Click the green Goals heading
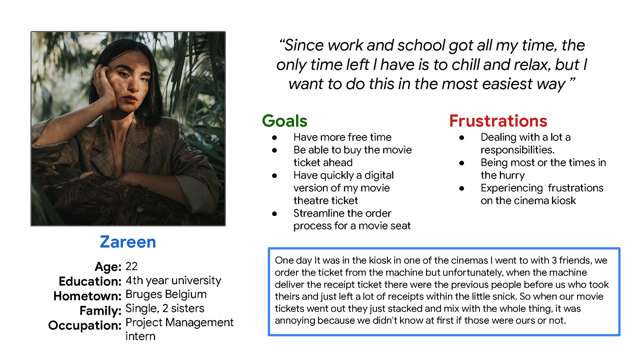tap(285, 121)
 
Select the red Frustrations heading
tap(498, 121)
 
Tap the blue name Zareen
tap(128, 242)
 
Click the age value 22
tap(131, 266)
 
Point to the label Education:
tap(90, 281)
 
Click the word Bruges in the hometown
tap(144, 295)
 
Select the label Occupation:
tap(85, 325)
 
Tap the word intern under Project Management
tap(140, 336)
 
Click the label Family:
tap(100, 311)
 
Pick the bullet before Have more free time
tap(274, 138)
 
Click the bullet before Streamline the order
tap(274, 214)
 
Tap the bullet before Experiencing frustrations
tap(462, 188)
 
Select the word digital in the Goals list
tap(379, 175)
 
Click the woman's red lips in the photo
tap(130, 99)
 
